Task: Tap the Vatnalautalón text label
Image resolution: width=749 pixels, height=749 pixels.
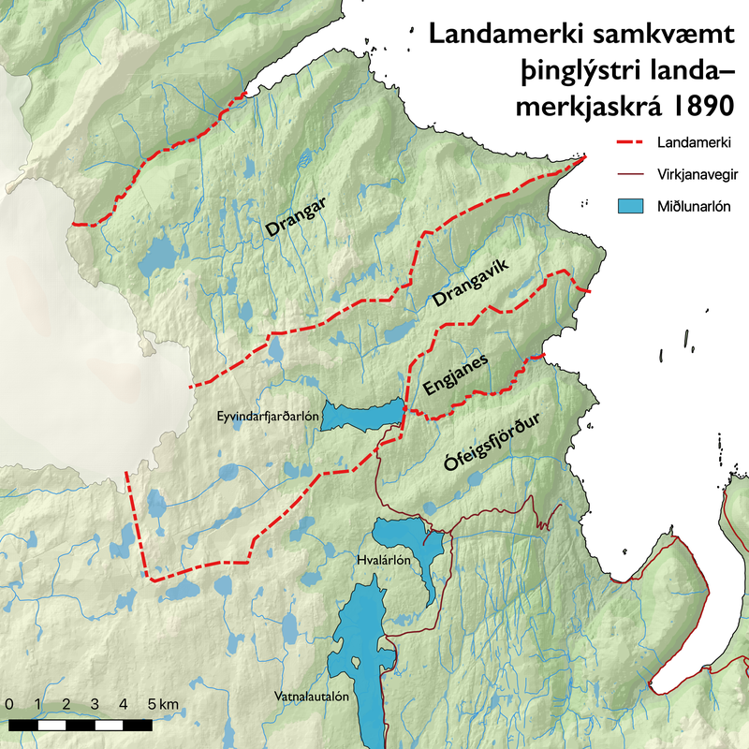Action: (312, 697)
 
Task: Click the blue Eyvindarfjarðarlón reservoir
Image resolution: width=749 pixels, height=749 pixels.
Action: (360, 416)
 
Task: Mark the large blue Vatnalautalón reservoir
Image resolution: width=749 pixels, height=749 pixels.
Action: (360, 655)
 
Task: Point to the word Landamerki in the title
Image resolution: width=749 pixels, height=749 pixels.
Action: (502, 36)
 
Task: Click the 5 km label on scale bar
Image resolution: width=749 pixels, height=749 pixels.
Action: (162, 703)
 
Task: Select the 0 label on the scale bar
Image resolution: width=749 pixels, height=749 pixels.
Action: (8, 703)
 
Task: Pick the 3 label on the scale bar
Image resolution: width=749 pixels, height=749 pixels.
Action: (95, 703)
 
